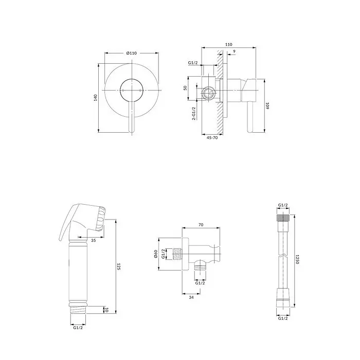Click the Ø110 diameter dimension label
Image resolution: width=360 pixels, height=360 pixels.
pos(131,53)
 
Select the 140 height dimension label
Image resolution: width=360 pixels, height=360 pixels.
pos(95,97)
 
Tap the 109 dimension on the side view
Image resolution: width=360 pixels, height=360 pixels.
pos(267,106)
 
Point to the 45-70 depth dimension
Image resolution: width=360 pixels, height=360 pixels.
pos(212,137)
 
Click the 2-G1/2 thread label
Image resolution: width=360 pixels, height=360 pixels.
pos(193,114)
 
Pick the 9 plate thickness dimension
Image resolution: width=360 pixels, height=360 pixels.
pos(234,51)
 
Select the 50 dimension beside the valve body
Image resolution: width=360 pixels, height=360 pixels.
pos(185,88)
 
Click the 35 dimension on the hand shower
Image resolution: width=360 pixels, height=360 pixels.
pos(94,240)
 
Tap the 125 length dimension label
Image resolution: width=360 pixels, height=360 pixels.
pos(119,266)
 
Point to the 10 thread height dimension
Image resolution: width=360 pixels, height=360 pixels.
pos(106,310)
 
